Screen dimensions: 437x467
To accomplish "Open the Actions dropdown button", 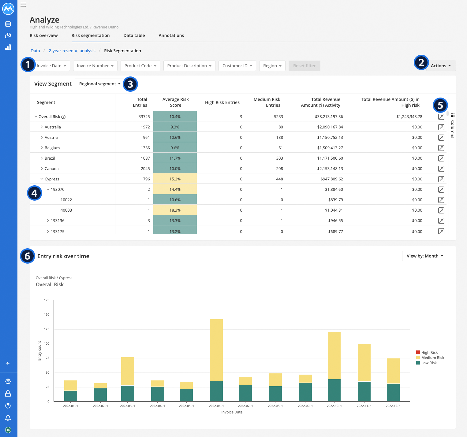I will (440, 66).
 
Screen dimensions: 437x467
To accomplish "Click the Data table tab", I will (134, 35).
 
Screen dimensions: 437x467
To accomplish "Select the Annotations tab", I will (171, 35).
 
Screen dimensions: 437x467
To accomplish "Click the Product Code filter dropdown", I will (140, 66).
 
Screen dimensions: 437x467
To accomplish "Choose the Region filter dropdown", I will (272, 66).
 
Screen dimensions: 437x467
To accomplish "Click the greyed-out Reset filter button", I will (304, 66).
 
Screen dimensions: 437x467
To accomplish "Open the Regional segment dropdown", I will (99, 84).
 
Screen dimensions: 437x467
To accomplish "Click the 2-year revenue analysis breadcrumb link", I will (72, 51).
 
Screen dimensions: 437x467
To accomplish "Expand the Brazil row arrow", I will (42, 158).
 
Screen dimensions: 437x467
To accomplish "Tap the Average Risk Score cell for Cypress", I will (175, 179).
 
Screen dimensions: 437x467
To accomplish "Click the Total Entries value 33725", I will (144, 117).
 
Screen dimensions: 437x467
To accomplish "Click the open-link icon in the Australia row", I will (441, 127).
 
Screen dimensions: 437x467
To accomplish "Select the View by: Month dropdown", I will (425, 256).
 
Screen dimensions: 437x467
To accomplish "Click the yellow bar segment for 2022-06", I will (216, 350).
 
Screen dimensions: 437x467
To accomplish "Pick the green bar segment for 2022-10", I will (334, 390).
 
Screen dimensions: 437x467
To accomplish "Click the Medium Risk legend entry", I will (432, 358).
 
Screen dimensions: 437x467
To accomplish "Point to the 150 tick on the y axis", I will (47, 314).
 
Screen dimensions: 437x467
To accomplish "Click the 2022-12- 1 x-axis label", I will (393, 406).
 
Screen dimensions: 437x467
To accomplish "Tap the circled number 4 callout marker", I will (34, 193).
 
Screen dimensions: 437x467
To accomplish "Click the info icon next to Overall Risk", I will (63, 117).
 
